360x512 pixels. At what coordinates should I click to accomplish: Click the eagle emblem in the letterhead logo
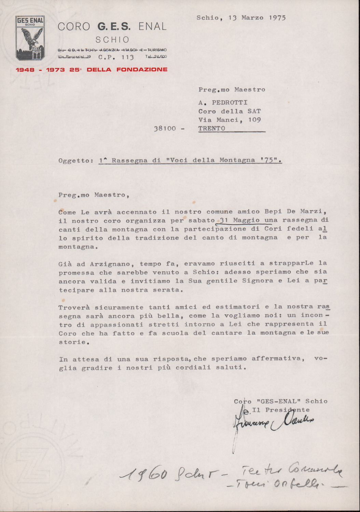(31, 40)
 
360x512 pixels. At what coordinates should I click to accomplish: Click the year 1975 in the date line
(277, 18)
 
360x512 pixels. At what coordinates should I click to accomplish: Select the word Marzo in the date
(252, 18)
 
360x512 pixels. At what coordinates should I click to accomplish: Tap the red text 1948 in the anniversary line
(25, 70)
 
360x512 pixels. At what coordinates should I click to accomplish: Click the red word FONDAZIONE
(142, 70)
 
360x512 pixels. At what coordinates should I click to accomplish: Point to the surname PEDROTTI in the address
(230, 102)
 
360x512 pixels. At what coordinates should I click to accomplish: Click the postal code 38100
(165, 129)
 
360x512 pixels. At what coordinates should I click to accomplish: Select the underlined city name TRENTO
(212, 128)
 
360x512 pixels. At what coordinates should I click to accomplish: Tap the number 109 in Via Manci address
(254, 120)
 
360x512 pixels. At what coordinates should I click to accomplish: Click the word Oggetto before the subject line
(74, 160)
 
